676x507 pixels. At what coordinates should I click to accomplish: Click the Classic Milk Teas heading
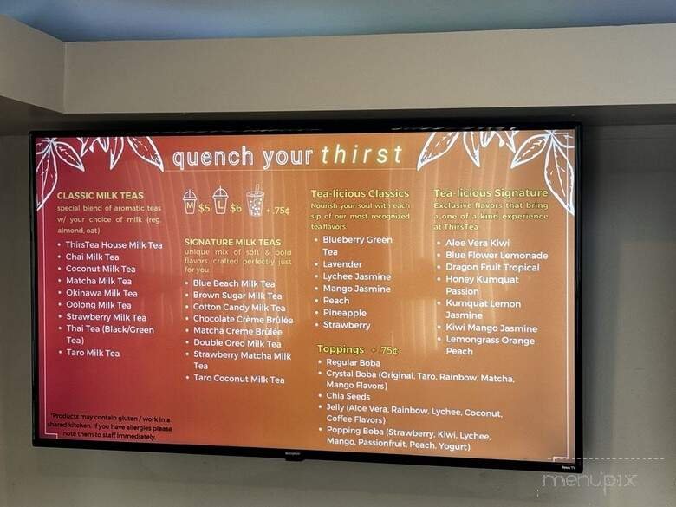[101, 196]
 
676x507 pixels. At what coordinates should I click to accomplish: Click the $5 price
[204, 208]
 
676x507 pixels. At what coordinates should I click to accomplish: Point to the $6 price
[236, 208]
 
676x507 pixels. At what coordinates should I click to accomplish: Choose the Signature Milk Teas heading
[232, 243]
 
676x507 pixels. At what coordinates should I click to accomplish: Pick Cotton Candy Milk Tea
[239, 308]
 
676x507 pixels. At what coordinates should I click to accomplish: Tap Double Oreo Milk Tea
[237, 344]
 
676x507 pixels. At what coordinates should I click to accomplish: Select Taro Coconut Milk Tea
[238, 380]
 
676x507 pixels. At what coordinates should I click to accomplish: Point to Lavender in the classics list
[342, 264]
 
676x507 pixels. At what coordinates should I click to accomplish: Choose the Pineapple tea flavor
[344, 313]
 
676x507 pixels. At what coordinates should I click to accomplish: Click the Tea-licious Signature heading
[491, 193]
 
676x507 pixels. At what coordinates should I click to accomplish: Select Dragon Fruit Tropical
[492, 268]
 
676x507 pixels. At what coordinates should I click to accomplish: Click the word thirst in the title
[362, 155]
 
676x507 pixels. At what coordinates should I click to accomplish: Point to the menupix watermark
[589, 481]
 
